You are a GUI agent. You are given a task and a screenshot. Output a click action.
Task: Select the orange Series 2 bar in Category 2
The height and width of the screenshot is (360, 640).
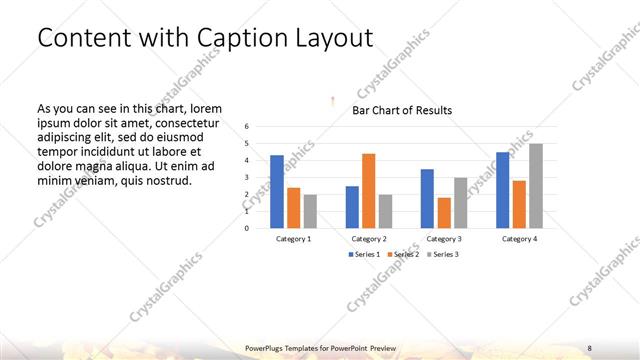368,191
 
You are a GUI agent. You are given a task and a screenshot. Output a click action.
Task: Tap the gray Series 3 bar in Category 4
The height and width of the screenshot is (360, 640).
536,186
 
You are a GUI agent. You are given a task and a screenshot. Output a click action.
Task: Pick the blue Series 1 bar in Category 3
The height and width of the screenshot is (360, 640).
427,199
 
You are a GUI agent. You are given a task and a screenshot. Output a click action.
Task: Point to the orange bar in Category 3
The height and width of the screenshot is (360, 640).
444,213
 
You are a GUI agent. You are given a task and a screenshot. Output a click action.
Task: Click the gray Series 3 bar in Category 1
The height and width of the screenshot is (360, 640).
310,211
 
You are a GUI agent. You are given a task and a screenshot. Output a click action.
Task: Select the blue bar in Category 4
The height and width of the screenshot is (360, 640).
502,190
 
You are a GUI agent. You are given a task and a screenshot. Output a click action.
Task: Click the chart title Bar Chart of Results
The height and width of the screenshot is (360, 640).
402,110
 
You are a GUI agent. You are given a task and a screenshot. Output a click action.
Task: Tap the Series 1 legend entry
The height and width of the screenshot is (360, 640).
365,254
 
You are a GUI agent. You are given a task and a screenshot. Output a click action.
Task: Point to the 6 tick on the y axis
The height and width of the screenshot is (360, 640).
247,127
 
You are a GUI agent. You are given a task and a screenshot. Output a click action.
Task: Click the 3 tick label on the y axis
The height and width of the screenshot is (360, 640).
247,177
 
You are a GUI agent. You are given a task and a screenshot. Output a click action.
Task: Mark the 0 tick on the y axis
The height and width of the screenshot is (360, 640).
247,227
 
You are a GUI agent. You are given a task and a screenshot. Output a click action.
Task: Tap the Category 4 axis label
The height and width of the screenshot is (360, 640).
519,239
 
